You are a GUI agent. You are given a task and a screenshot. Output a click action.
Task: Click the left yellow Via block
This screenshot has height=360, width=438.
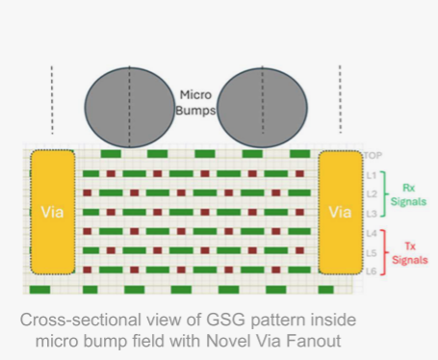(53, 212)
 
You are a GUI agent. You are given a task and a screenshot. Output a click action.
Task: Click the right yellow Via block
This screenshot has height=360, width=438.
(341, 212)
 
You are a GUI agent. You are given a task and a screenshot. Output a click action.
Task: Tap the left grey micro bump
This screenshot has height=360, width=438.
(130, 108)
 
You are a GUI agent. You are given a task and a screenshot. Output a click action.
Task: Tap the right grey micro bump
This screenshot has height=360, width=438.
(262, 108)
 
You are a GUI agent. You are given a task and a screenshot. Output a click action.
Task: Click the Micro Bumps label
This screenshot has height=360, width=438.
(195, 103)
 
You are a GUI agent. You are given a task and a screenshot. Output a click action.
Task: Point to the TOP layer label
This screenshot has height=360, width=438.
(374, 156)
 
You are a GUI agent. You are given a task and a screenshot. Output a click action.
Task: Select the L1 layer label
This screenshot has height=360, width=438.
(372, 175)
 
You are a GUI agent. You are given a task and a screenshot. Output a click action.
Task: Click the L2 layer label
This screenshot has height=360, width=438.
(372, 194)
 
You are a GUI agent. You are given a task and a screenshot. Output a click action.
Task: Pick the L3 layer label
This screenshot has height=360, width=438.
(372, 214)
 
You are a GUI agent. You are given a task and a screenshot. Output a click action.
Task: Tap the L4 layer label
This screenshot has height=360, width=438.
(372, 233)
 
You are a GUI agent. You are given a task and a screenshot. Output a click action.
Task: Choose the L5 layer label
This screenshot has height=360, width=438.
(372, 253)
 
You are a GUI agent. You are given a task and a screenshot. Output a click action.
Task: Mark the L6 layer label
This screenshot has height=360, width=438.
(372, 271)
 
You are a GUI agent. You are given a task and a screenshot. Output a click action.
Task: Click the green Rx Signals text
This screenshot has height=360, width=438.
(408, 194)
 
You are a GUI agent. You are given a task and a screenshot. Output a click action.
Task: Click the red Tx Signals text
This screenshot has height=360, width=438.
(410, 253)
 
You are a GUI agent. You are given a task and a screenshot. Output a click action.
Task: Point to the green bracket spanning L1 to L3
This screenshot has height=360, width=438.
(384, 194)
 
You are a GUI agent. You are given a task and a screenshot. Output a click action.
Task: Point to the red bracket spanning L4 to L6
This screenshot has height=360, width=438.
(384, 252)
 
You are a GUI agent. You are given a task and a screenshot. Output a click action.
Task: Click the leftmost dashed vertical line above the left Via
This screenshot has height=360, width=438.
(52, 100)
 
